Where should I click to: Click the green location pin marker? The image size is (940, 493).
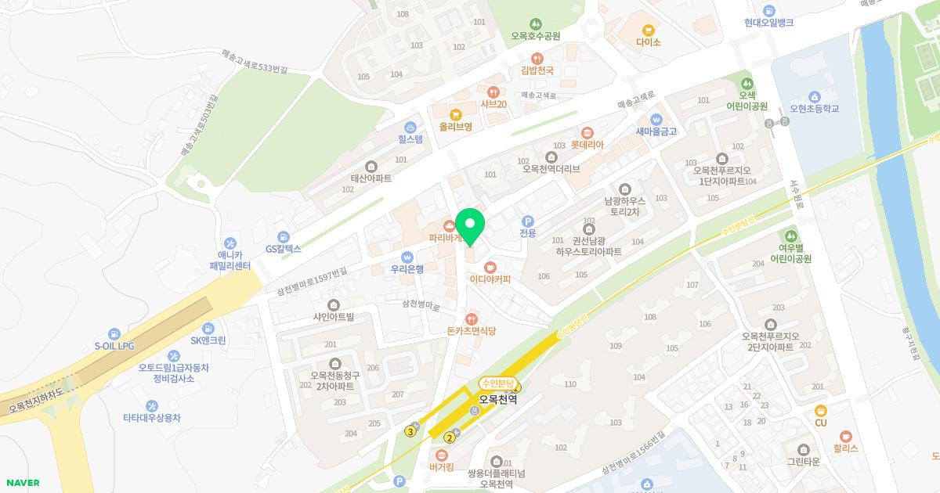click(470, 225)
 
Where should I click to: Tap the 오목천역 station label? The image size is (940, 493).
click(499, 398)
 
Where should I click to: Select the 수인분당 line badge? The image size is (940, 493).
click(498, 383)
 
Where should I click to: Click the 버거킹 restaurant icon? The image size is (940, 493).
click(442, 455)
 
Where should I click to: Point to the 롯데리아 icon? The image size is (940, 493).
click(587, 131)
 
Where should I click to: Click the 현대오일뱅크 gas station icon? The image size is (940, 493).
click(769, 10)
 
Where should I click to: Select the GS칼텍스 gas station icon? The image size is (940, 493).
click(283, 236)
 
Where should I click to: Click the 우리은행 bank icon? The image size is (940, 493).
click(407, 257)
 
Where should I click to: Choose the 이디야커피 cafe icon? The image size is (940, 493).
click(490, 266)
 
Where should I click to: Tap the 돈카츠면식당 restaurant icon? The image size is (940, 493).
click(472, 318)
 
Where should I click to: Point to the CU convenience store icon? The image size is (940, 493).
click(821, 410)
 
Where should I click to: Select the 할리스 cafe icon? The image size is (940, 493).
click(845, 436)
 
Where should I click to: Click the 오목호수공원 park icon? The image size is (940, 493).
click(536, 23)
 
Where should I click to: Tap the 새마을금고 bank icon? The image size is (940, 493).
click(656, 119)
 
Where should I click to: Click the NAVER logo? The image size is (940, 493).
click(21, 483)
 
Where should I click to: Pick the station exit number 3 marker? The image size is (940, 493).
click(410, 431)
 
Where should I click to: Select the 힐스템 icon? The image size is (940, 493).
click(410, 127)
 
